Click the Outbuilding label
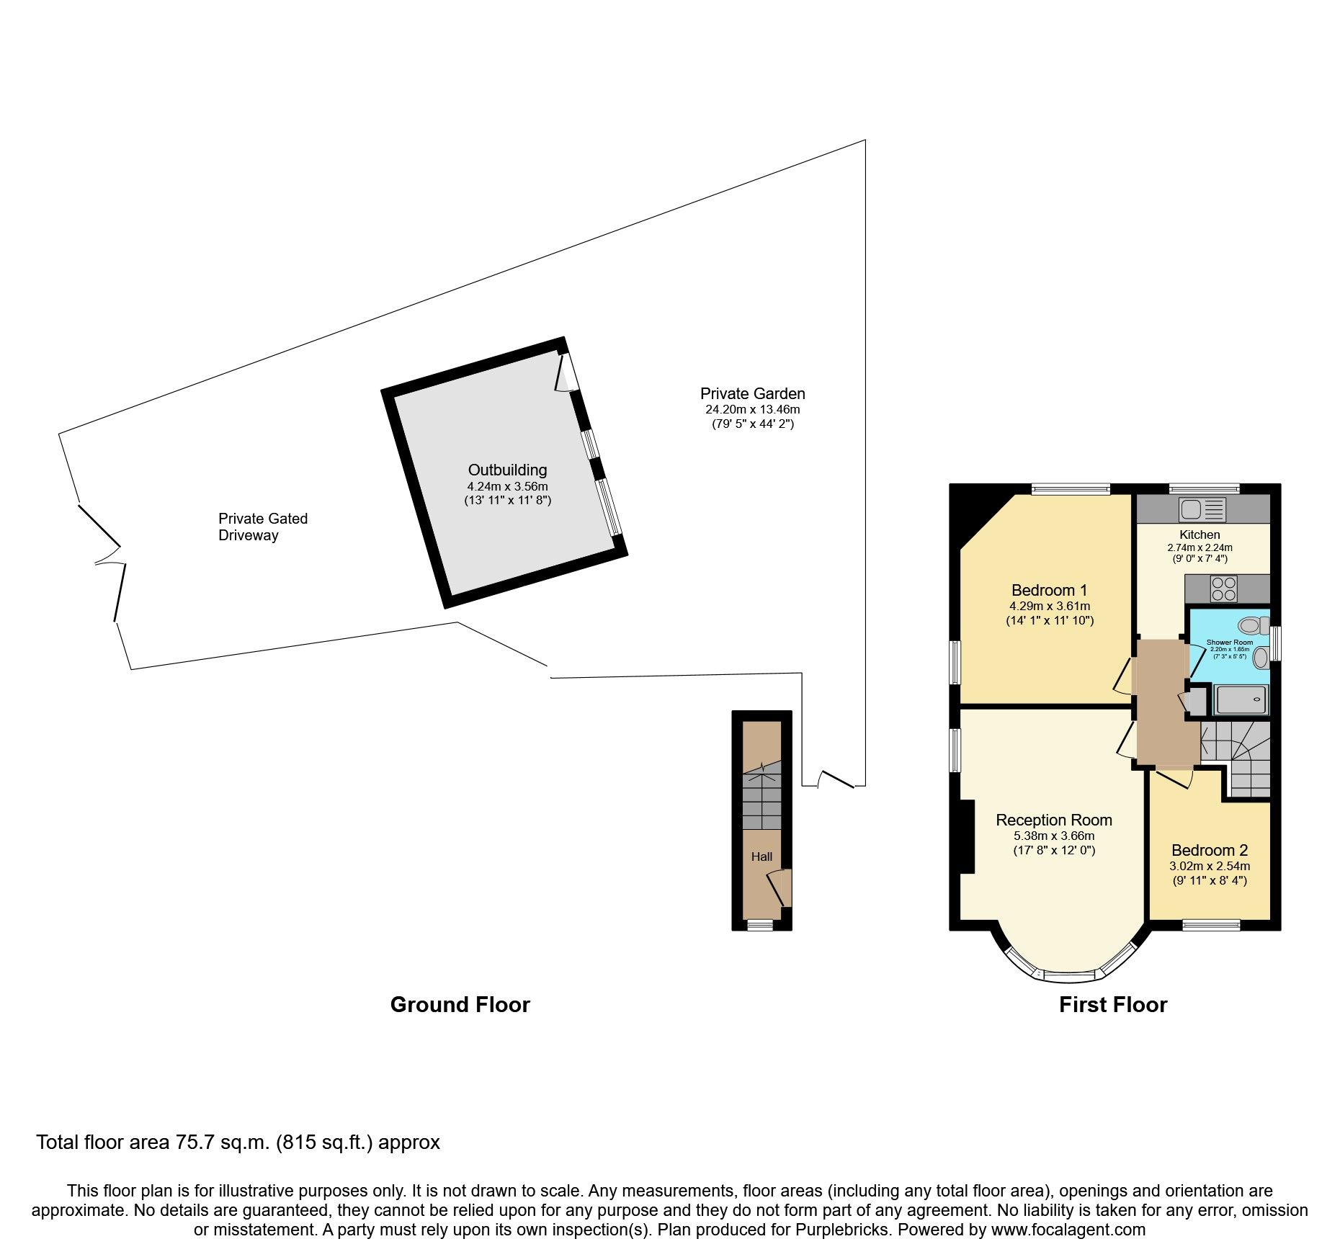(x=507, y=470)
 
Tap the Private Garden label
(x=752, y=394)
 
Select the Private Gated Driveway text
(x=262, y=527)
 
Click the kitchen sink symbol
(x=1202, y=509)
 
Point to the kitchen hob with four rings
(x=1223, y=589)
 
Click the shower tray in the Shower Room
(x=1241, y=699)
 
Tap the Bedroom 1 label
(x=1049, y=591)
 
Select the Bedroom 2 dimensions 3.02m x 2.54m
(x=1209, y=866)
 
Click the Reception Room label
(x=1053, y=820)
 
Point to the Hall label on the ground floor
(x=761, y=857)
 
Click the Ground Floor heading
(x=460, y=1005)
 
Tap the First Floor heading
(x=1112, y=1005)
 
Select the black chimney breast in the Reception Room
(x=967, y=836)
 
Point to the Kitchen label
(x=1200, y=534)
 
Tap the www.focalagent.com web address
(x=1068, y=1230)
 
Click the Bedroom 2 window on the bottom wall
(x=1211, y=926)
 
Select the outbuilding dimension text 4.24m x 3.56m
(x=507, y=486)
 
